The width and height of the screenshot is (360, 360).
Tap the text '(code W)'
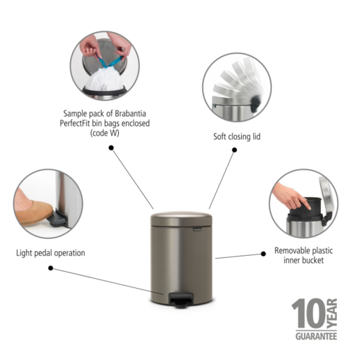click(x=105, y=133)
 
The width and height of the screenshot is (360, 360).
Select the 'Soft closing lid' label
click(x=236, y=136)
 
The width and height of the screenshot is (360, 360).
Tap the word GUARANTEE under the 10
click(x=314, y=337)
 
